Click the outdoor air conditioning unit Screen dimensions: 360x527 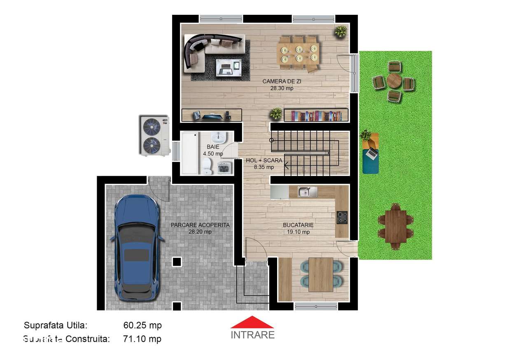pos(153,135)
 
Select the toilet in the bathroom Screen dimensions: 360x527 pos(206,166)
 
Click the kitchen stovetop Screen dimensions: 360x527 pos(342,217)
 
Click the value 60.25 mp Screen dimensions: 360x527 pos(142,325)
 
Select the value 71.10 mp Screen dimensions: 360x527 pos(142,339)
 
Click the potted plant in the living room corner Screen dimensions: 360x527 pos(340,31)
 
